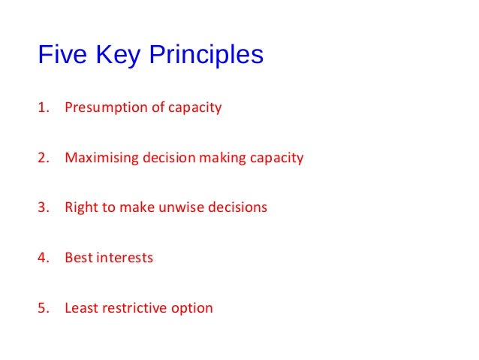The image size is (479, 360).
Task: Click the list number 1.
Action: pos(42,107)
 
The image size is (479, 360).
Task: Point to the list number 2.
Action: pos(42,158)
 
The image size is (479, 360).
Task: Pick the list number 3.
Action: pos(42,207)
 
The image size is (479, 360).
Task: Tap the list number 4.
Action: pos(42,258)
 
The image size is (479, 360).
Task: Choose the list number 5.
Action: pos(42,307)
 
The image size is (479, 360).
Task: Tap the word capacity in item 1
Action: pos(195,108)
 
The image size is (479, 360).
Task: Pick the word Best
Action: pos(78,258)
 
